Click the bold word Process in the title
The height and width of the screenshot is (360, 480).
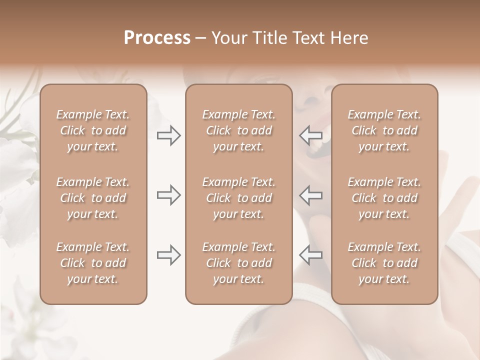(157, 38)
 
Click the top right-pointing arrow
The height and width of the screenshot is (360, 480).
(169, 135)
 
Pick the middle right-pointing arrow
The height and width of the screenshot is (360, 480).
(169, 195)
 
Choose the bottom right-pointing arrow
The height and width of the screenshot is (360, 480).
(169, 255)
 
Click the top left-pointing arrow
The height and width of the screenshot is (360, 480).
(310, 135)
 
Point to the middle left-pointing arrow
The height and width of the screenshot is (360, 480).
(310, 195)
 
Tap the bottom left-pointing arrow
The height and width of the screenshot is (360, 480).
(310, 255)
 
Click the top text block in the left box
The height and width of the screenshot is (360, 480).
(93, 130)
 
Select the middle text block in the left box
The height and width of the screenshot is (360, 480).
(93, 198)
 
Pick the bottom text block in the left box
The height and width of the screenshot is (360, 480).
(93, 263)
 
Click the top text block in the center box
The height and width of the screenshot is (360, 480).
(239, 130)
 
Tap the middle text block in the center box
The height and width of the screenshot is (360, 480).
(239, 198)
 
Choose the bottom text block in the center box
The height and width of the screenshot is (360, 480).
(239, 263)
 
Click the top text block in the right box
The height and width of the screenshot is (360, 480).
(384, 130)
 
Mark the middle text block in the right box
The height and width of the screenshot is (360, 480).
(384, 198)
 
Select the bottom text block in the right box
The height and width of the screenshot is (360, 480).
(384, 263)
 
